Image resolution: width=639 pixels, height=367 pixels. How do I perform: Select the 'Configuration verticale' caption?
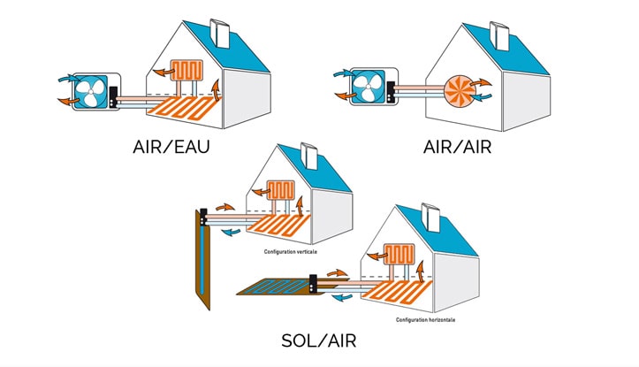290,251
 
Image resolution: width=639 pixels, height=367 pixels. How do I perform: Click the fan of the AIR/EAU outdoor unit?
93,91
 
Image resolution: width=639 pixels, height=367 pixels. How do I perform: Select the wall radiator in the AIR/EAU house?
189,71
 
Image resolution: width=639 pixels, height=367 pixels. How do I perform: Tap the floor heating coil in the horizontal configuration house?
407,293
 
